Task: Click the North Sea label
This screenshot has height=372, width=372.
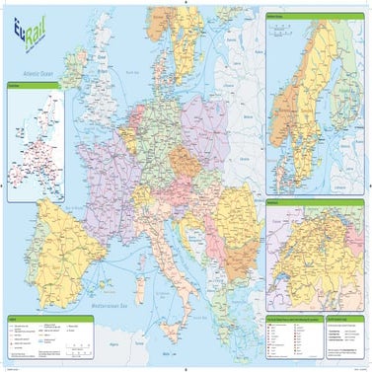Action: [x=130, y=72]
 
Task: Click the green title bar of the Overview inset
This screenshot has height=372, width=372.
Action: [x=34, y=86]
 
